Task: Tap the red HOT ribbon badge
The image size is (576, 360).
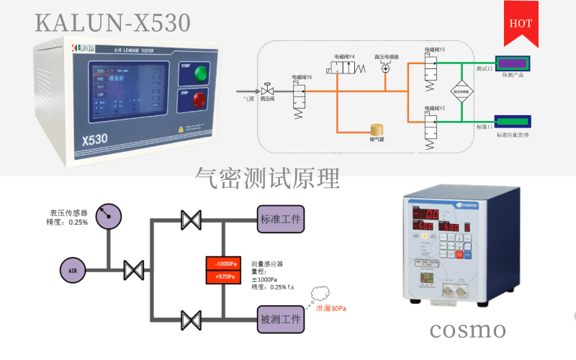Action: point(520,22)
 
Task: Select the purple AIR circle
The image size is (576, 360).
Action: point(73,271)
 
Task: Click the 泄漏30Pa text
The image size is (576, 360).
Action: point(332,308)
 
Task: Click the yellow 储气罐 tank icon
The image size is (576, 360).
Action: point(376,129)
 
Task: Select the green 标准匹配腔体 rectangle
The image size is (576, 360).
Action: point(513,121)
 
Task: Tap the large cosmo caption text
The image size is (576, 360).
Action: point(468,330)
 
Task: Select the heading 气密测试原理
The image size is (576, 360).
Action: point(267,177)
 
